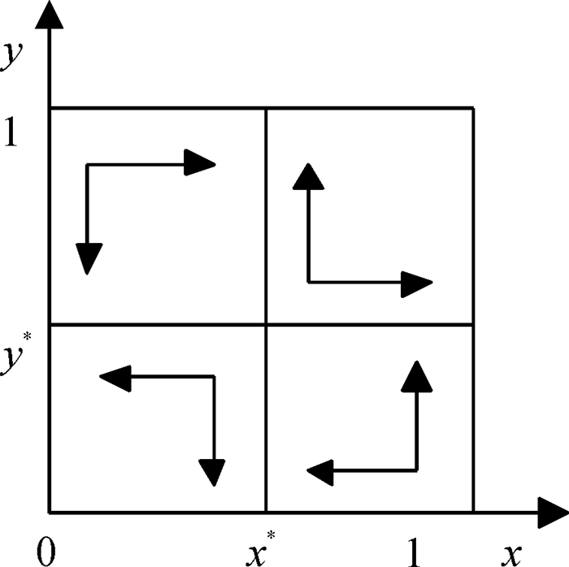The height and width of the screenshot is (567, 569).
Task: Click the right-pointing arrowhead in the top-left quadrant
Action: [198, 163]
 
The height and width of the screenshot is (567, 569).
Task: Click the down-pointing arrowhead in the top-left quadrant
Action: [88, 258]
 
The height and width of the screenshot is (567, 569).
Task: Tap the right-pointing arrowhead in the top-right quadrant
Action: [415, 282]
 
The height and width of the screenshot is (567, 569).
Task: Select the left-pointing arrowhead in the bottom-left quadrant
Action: [115, 376]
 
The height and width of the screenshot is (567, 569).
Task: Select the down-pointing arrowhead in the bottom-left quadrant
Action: [212, 471]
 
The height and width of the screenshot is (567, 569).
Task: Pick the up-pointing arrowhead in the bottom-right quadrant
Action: [416, 375]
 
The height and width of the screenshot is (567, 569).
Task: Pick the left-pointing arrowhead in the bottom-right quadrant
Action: [322, 470]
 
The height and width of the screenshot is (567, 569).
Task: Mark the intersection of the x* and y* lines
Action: [267, 325]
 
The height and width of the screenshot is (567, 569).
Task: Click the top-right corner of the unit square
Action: [473, 107]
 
